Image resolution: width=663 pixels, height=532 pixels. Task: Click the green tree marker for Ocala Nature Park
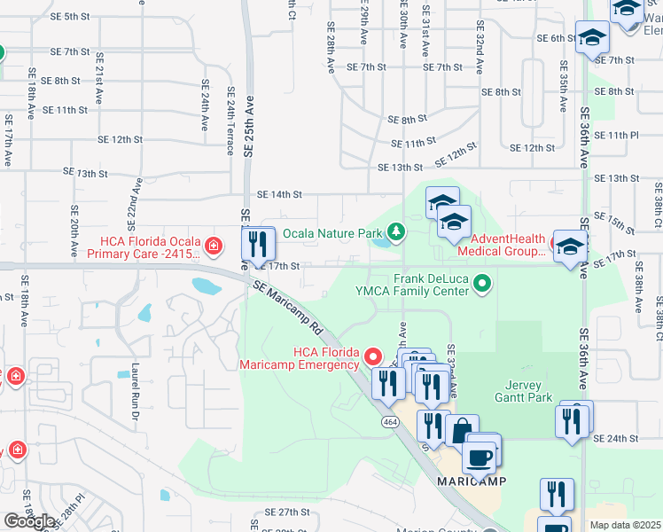tap(395, 233)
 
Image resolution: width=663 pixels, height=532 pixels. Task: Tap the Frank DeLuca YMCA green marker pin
tap(482, 284)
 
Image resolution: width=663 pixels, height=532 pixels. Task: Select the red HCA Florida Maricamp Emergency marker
tap(374, 357)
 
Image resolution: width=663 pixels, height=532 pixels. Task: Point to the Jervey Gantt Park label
tap(503, 391)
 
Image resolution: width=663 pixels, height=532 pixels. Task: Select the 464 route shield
tap(390, 422)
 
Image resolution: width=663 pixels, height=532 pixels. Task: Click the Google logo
tap(28, 520)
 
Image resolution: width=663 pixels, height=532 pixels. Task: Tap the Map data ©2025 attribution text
tap(625, 525)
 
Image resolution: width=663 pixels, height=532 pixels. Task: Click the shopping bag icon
tap(462, 431)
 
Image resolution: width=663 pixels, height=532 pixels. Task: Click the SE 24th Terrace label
tap(230, 121)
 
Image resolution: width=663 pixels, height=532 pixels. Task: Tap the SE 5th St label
tap(71, 17)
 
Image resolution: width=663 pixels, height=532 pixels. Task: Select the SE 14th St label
tap(279, 194)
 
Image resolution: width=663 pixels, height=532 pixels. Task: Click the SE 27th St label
tap(280, 512)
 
